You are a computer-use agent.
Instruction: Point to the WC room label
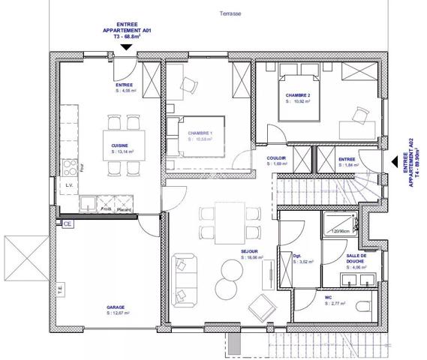329,299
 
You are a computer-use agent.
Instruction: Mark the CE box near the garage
67,223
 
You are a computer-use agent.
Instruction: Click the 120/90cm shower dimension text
341,232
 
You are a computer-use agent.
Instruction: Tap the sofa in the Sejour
181,275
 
